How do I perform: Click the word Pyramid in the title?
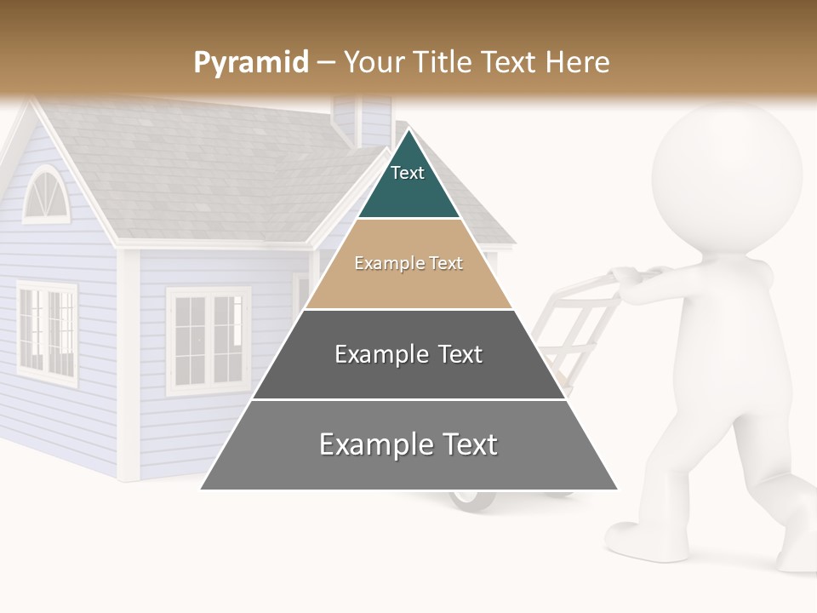click(x=250, y=63)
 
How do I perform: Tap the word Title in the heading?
click(x=442, y=62)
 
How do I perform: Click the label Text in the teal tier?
click(x=408, y=173)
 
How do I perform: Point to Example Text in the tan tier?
click(x=408, y=263)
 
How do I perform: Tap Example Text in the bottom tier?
click(x=408, y=444)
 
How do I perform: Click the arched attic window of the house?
click(x=43, y=195)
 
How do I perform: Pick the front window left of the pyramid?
click(x=209, y=339)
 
